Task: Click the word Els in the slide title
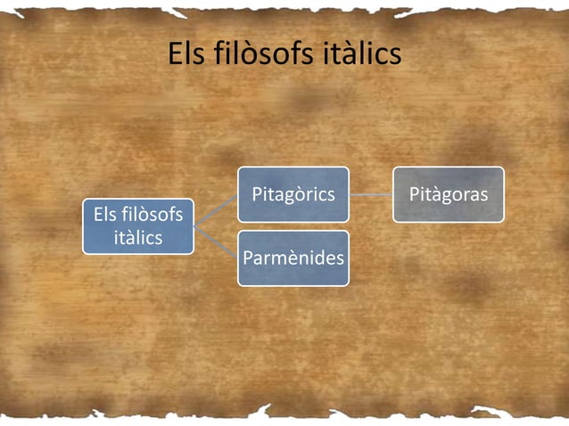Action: click(x=186, y=55)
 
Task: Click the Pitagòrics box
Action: click(x=293, y=194)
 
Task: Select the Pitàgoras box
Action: click(x=449, y=194)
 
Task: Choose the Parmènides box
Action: click(x=293, y=258)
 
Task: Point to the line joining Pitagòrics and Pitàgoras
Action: click(x=371, y=194)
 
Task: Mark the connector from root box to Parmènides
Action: click(x=215, y=242)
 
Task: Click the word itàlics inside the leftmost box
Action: click(x=138, y=238)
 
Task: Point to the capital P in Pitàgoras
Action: click(x=414, y=194)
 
